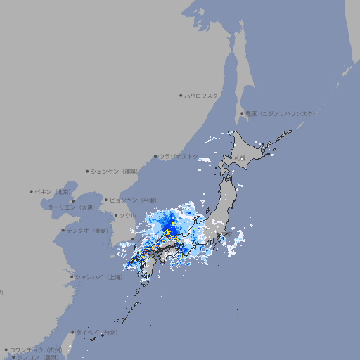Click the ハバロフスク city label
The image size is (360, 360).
tap(201, 95)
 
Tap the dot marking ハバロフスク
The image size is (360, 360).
tap(181, 95)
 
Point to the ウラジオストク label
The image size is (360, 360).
tap(179, 156)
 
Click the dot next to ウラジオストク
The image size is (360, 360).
tap(155, 156)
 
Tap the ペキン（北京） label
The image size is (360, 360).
tap(53, 191)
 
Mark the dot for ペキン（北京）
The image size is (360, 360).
tap(32, 191)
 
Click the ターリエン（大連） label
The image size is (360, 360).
tap(70, 207)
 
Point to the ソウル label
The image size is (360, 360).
tap(127, 215)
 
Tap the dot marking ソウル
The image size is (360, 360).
tap(115, 215)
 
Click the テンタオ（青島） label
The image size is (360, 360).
tap(87, 230)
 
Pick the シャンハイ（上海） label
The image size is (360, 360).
tap(98, 277)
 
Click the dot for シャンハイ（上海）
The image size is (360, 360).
tap(72, 277)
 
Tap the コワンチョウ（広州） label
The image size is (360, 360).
tap(35, 349)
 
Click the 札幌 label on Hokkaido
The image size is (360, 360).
tap(240, 158)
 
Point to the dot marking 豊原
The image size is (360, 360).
tap(242, 113)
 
